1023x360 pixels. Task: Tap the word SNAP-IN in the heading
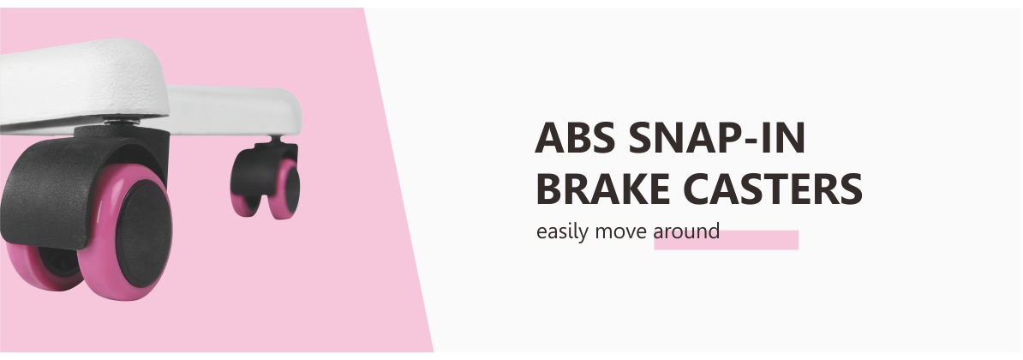717,138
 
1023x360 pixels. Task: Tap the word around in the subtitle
686,231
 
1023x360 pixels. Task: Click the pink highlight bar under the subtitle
727,240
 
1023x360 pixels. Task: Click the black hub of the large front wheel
144,233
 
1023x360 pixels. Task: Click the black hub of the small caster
291,189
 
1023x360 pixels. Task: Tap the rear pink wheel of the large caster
40,264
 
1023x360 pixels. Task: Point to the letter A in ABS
549,138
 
